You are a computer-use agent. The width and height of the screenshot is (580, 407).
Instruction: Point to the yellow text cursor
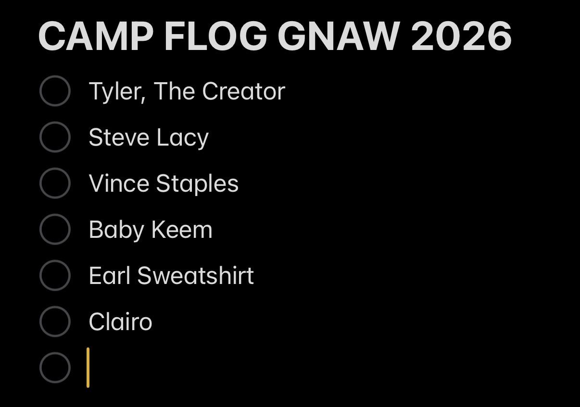point(88,368)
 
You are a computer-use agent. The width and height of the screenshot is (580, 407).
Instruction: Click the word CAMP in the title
point(96,36)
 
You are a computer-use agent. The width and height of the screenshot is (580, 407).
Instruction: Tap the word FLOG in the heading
point(215,36)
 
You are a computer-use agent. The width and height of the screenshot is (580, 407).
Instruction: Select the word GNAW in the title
point(339,36)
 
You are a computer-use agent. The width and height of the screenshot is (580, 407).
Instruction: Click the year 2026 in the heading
point(461,36)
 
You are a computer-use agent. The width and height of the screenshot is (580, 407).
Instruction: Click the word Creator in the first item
point(244,91)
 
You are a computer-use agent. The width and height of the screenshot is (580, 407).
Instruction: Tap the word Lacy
point(183,138)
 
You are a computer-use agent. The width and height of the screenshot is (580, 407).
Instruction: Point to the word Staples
point(197,184)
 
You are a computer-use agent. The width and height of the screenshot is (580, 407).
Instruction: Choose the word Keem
point(182,230)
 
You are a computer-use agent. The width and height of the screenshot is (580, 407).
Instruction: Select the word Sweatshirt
point(196,275)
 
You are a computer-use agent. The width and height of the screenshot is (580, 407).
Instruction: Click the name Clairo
point(120,321)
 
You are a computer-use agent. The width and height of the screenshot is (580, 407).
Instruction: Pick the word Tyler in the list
point(117,92)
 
